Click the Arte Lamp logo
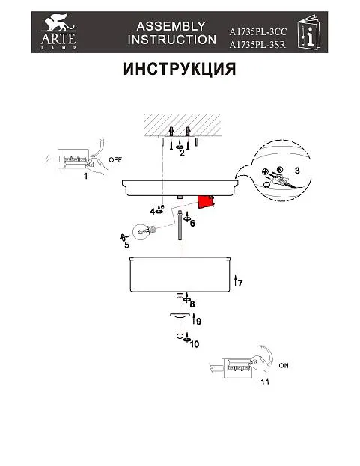(x=58, y=31)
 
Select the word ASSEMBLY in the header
(x=171, y=26)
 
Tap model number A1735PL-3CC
(x=257, y=31)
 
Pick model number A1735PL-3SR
(x=257, y=45)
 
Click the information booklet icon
(x=309, y=31)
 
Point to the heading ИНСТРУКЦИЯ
(x=180, y=69)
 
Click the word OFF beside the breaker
(x=115, y=159)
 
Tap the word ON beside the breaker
(x=284, y=365)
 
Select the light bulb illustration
(x=144, y=231)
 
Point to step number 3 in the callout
(x=297, y=171)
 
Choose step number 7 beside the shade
(x=240, y=283)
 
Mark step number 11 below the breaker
(x=265, y=382)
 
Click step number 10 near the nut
(x=194, y=344)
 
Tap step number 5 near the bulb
(x=126, y=245)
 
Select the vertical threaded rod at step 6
(x=180, y=225)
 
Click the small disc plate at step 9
(x=180, y=316)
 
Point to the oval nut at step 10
(x=180, y=336)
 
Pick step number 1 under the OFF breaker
(x=85, y=176)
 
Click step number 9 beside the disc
(x=198, y=322)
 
